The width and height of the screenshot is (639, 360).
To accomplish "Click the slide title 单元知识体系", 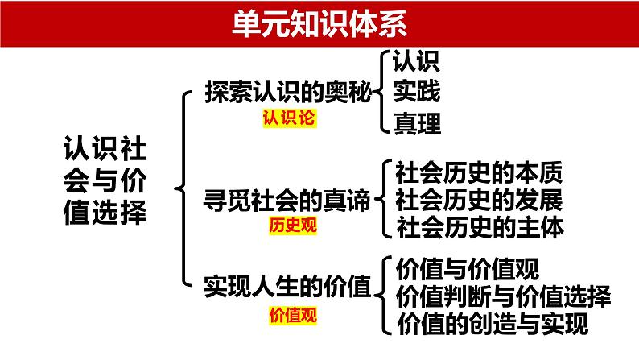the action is pyautogui.click(x=319, y=21).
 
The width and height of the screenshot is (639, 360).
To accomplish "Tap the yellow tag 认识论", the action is pyautogui.click(x=288, y=119).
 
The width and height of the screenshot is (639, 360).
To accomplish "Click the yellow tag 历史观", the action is pyautogui.click(x=293, y=226).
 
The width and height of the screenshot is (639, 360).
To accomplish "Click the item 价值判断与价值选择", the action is pyautogui.click(x=504, y=295).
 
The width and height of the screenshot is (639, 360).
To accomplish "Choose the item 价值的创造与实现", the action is pyautogui.click(x=492, y=324).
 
